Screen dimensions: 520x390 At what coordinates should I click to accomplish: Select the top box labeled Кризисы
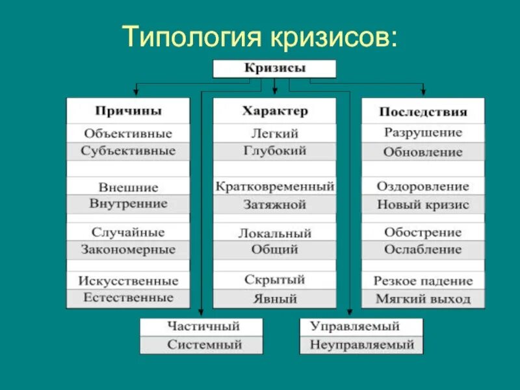274,68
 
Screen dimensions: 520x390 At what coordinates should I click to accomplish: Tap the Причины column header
128,111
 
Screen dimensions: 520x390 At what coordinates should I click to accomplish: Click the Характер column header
275,111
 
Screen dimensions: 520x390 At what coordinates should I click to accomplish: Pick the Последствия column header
422,112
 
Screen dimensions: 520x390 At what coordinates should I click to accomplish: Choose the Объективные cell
128,133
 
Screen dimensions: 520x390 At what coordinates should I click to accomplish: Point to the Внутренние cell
128,203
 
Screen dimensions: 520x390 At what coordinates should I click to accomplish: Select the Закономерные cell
128,250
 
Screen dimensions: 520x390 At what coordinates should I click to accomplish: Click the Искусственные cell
128,281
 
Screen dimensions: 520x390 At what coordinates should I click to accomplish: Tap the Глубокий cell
275,151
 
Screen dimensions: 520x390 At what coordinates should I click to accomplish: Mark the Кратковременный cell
275,187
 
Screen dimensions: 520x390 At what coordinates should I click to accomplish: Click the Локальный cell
275,233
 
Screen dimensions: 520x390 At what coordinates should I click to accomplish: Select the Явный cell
275,299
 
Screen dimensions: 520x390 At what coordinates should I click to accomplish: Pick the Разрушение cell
422,133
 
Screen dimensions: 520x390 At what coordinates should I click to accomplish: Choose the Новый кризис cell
422,204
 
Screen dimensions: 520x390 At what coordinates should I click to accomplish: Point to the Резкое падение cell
422,281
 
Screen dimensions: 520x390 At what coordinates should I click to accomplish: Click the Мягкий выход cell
422,299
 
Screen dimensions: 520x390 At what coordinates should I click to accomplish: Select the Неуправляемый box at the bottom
361,344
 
